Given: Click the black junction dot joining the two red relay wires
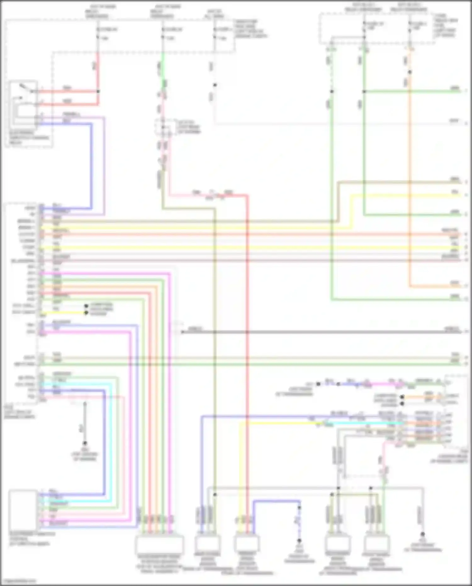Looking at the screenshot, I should tap(98, 92).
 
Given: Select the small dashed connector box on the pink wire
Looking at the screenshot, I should tap(165, 128).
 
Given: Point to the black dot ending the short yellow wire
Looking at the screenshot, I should tap(86, 313).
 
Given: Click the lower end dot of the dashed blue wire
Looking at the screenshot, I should tap(299, 540).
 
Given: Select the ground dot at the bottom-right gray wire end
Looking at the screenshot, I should tap(423, 534).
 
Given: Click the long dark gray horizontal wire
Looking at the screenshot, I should tap(315, 332).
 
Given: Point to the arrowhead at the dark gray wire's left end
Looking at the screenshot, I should tap(182, 332).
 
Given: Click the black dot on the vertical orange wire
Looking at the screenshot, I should tap(410, 72).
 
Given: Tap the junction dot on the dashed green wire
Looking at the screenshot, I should tap(332, 92).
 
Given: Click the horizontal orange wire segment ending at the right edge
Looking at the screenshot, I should tap(434, 286).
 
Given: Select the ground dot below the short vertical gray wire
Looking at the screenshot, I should tap(85, 443).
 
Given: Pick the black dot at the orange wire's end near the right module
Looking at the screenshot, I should tap(402, 397).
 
